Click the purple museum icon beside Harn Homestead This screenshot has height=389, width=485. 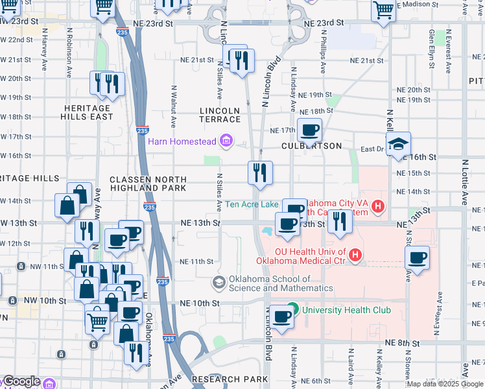click(x=226, y=141)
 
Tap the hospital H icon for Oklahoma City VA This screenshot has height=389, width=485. click(x=378, y=208)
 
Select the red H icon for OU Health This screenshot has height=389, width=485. click(x=355, y=257)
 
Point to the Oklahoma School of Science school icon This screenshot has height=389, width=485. click(x=219, y=283)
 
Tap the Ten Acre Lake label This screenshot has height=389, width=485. click(x=252, y=204)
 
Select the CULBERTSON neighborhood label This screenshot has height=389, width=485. click(x=311, y=146)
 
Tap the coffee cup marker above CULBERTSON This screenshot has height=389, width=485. click(x=309, y=129)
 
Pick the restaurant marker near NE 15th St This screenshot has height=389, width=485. click(x=259, y=172)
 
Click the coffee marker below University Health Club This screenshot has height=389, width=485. click(x=282, y=317)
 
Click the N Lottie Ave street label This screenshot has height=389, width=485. click(x=464, y=182)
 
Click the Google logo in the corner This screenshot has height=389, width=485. click(x=21, y=382)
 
